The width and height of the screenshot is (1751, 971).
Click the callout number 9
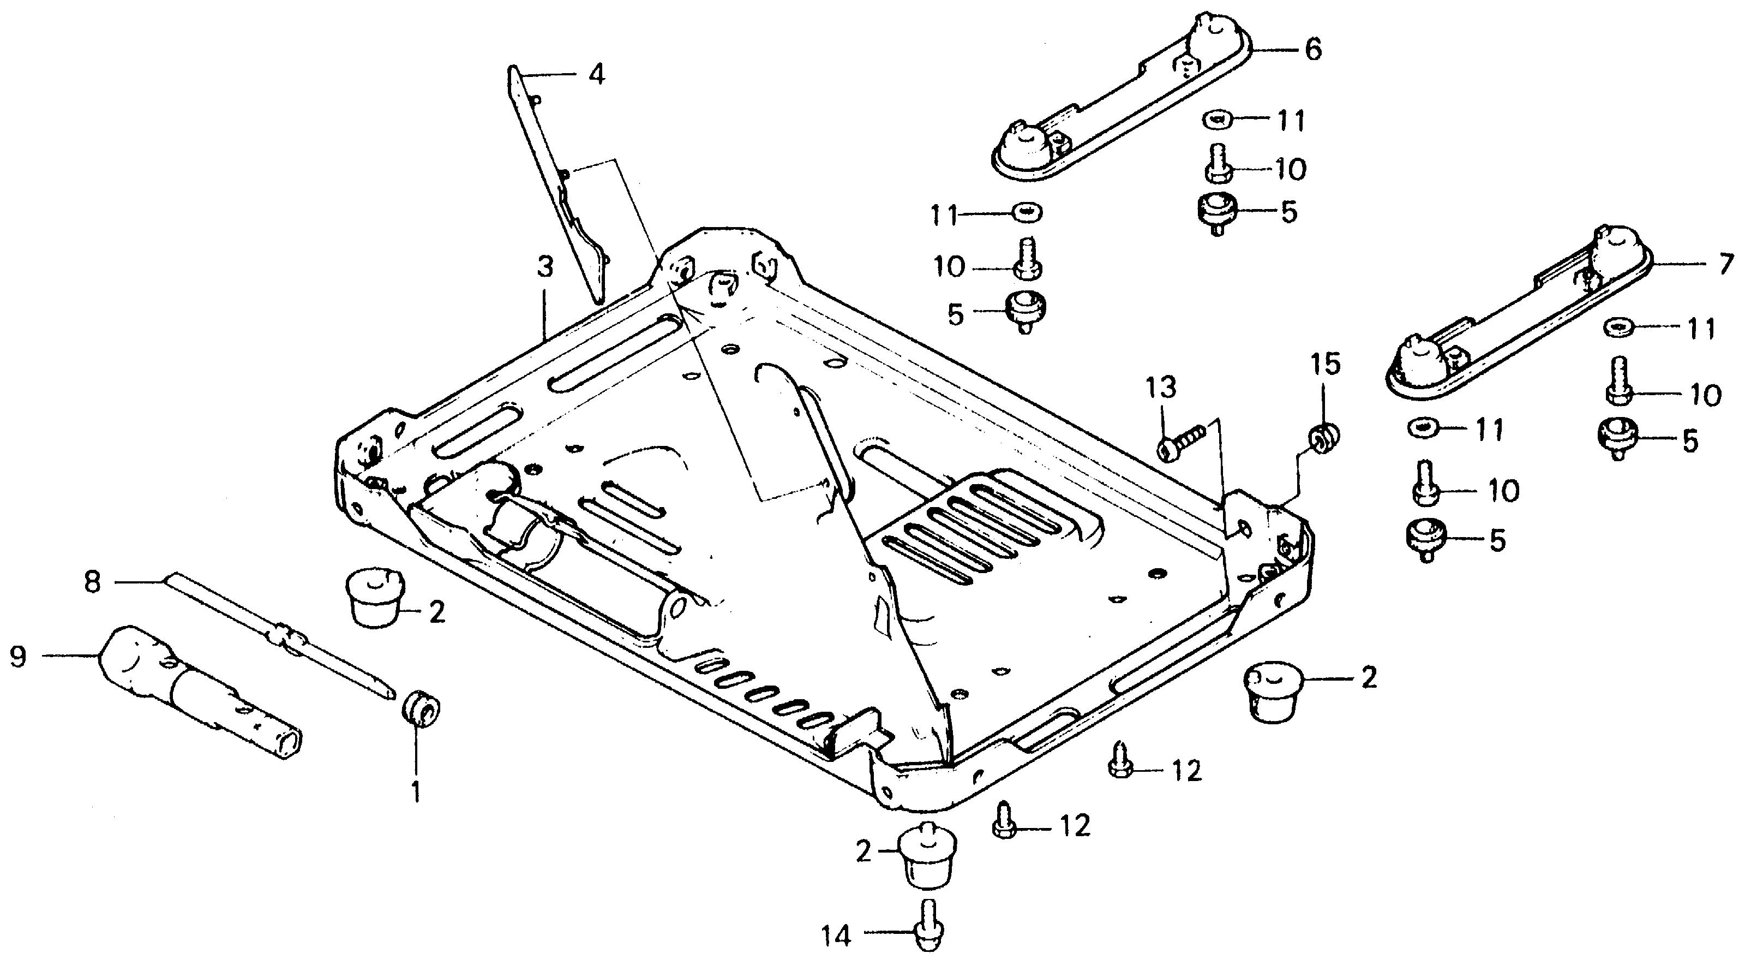click(x=19, y=658)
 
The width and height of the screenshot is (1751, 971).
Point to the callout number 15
click(x=1326, y=365)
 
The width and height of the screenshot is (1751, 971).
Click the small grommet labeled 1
click(x=422, y=707)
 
